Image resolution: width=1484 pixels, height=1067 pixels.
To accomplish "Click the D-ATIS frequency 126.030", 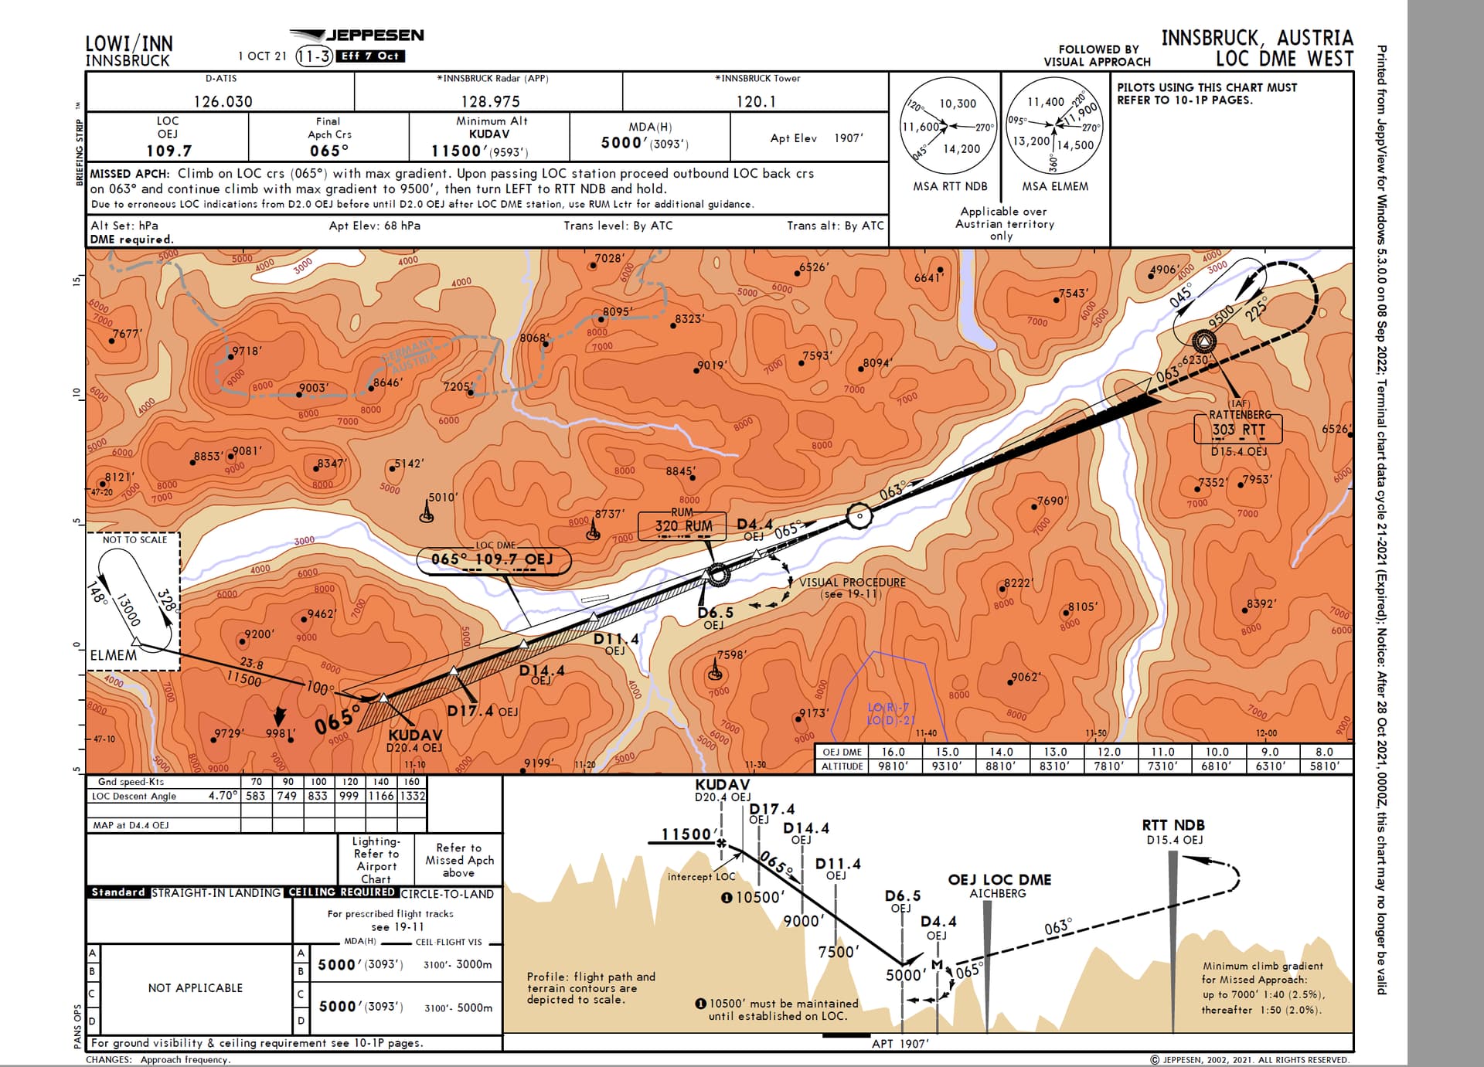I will click(x=223, y=101).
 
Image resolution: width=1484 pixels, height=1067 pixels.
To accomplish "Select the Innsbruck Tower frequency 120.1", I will click(x=755, y=101).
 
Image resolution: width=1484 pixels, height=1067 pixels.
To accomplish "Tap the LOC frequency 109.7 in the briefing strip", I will click(x=168, y=151).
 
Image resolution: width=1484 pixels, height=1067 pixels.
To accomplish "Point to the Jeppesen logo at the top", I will click(x=357, y=36).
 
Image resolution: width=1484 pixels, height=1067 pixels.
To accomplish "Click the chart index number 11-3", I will click(x=315, y=56).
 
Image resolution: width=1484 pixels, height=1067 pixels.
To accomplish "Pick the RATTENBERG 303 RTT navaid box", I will click(x=1237, y=429).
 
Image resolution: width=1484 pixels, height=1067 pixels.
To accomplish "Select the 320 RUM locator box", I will click(x=682, y=526).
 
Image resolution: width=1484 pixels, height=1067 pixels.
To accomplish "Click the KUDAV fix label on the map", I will click(x=415, y=735).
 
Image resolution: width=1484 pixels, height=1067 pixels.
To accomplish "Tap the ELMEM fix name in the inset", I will click(x=113, y=655).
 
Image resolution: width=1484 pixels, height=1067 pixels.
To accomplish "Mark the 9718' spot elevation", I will click(x=247, y=351).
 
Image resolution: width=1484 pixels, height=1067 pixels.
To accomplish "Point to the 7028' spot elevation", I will click(x=609, y=258).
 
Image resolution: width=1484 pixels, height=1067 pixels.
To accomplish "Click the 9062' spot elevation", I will click(x=1026, y=677).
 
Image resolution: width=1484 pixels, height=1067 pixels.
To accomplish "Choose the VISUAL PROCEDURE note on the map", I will click(x=852, y=583).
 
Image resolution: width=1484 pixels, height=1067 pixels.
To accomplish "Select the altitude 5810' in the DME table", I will click(x=1324, y=766).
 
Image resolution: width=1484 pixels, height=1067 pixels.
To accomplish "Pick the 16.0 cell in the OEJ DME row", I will click(x=893, y=752).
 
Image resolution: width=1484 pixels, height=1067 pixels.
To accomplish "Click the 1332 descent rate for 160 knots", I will click(x=412, y=796).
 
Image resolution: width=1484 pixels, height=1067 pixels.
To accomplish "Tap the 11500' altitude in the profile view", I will click(x=686, y=834).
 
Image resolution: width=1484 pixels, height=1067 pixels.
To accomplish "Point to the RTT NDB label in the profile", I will click(x=1173, y=825).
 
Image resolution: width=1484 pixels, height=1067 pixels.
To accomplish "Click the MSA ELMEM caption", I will click(x=1054, y=186).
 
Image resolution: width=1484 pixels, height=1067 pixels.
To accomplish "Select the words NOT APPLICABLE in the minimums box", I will click(x=196, y=988).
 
